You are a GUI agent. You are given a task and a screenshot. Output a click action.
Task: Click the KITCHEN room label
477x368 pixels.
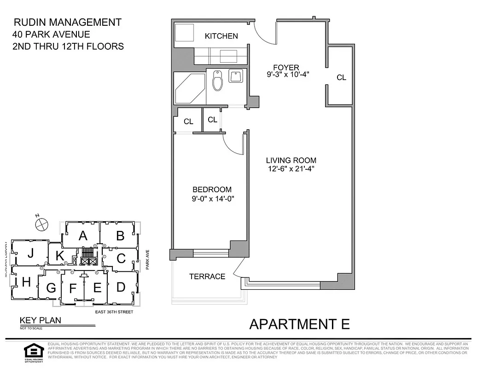point(221,36)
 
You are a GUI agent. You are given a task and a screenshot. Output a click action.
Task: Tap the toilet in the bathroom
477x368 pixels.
point(217,81)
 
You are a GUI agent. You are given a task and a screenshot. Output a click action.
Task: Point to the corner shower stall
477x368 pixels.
point(189,89)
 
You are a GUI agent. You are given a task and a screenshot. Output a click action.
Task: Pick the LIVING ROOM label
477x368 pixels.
point(291,161)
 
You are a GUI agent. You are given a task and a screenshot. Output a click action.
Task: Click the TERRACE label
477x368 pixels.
point(207,276)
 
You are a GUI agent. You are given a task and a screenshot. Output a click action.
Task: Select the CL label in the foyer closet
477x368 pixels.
point(341,78)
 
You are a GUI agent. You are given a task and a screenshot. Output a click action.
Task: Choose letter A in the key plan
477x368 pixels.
point(83,236)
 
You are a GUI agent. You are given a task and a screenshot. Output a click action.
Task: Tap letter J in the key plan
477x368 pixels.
point(30,253)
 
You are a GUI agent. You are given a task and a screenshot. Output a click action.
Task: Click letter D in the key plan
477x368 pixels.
point(121,287)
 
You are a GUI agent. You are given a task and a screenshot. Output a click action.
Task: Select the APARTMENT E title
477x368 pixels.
point(299,324)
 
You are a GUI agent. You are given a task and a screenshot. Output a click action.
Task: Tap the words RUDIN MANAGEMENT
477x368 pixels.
point(68,22)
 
